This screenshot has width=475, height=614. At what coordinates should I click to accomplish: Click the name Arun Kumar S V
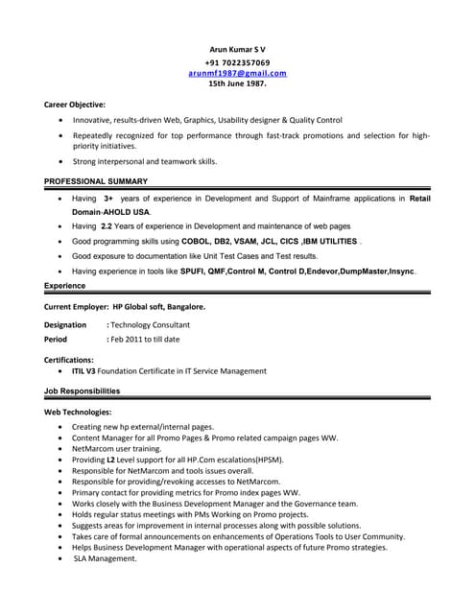(237, 49)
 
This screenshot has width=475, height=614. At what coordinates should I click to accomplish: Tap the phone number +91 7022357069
(237, 61)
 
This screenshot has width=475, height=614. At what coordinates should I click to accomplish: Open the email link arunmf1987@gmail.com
(237, 72)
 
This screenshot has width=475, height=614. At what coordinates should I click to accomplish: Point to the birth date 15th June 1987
(237, 83)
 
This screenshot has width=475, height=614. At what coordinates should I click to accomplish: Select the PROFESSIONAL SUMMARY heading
(96, 180)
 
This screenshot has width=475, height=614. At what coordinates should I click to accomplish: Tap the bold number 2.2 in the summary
(109, 226)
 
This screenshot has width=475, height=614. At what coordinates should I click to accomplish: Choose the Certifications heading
(69, 359)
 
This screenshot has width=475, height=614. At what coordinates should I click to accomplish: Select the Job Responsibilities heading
(83, 390)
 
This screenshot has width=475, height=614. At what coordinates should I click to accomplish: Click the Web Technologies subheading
(79, 412)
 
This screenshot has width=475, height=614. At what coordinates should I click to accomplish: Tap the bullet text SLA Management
(106, 558)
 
